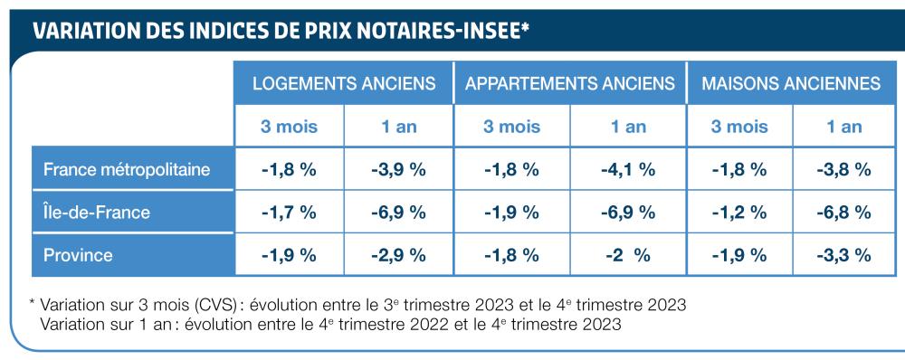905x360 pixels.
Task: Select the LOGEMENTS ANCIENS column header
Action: pos(344,83)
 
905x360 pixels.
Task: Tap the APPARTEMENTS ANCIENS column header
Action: pos(570,83)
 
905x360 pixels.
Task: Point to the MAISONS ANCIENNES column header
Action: pos(792,83)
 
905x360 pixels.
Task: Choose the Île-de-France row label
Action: pos(97,213)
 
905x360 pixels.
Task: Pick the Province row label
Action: pos(78,255)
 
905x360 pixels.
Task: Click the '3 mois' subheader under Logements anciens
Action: pos(290,127)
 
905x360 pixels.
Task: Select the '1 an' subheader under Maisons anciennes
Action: pos(843,127)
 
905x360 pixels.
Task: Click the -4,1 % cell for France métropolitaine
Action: pos(628,169)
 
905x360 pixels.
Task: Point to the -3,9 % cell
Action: pos(398,169)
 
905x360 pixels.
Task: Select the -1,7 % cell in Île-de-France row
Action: pos(290,213)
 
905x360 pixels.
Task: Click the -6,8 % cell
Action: pos(843,213)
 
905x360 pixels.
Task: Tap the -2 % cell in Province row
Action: pos(628,255)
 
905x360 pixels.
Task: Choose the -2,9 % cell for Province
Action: pos(398,255)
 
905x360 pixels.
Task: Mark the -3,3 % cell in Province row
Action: pos(843,255)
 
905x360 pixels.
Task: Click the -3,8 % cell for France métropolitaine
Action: pos(843,169)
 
